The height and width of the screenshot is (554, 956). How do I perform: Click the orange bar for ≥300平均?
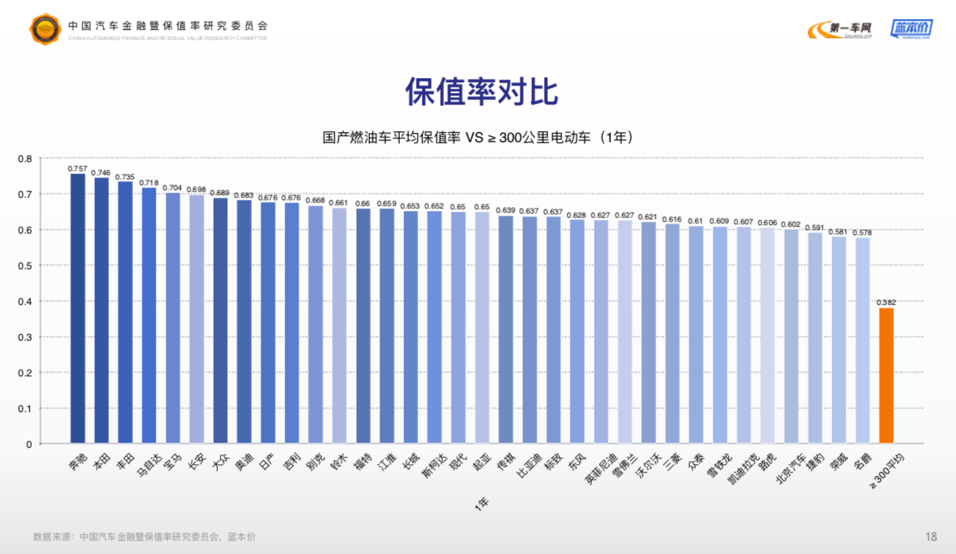(886, 375)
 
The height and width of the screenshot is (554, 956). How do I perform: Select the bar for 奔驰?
(77, 308)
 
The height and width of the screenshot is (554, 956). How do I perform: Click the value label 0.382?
(886, 302)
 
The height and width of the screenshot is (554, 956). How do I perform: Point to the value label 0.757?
(77, 168)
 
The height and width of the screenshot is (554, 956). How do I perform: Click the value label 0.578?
(863, 232)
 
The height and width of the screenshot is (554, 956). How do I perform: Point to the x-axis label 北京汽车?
(791, 468)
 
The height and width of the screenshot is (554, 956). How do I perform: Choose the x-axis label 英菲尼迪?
(600, 469)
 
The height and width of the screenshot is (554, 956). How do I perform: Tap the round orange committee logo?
(46, 29)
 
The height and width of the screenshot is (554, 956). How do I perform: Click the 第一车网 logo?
(840, 30)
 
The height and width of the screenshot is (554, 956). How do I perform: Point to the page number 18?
(931, 537)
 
